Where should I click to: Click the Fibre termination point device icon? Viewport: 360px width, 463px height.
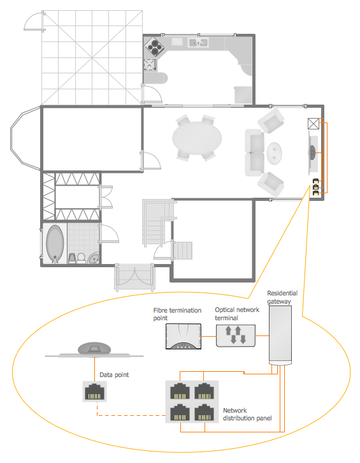tap(184, 336)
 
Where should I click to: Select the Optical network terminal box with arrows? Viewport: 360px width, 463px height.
tap(236, 335)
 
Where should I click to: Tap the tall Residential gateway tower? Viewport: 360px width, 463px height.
tap(280, 335)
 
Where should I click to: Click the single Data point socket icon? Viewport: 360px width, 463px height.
tap(94, 392)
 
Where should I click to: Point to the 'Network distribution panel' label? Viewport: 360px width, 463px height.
tap(247, 415)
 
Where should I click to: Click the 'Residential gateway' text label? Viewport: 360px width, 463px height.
tap(282, 297)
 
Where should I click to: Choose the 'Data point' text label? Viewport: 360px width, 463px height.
tap(114, 375)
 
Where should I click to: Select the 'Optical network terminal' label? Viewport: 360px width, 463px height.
tap(237, 314)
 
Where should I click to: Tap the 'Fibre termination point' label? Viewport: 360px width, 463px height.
tap(177, 314)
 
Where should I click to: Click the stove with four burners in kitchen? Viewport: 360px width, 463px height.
tap(154, 47)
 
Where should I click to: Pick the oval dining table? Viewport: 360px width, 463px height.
tap(197, 138)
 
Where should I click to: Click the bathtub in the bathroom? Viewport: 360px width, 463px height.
tap(55, 244)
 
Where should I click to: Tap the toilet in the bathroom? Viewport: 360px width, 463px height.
tap(81, 258)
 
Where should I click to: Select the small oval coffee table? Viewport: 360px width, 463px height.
tap(275, 153)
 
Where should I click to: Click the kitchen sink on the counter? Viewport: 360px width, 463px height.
tap(198, 43)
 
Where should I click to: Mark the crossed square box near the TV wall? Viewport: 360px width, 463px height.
tap(313, 124)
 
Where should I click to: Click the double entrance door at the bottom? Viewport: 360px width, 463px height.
tap(134, 277)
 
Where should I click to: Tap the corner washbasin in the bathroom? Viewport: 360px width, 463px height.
tap(94, 258)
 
